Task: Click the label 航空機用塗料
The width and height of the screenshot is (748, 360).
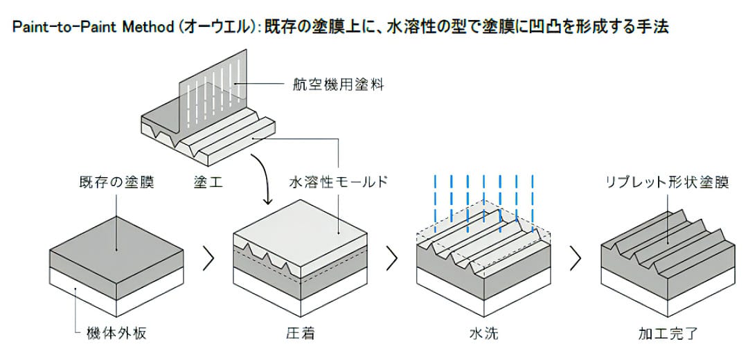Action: pos(338,85)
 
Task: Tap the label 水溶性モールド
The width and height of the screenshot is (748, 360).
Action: pos(338,183)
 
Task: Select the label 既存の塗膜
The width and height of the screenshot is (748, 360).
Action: pos(116,183)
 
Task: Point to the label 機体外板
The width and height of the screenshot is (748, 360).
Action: pos(116,333)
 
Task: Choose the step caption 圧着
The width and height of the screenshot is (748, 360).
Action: pos(301,333)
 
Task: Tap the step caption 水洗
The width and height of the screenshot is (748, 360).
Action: pos(483,333)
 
